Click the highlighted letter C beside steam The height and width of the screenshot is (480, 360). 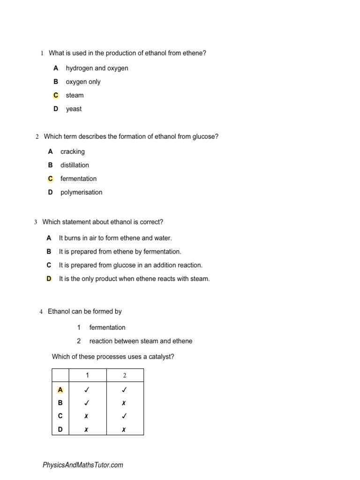pos(56,95)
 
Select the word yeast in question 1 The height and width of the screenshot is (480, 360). pos(74,109)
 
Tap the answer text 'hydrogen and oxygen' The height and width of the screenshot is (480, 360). pos(97,68)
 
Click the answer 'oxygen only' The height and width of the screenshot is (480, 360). pos(83,82)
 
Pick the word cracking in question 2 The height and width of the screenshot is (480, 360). pos(73,152)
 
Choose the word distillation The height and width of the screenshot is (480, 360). pos(75,165)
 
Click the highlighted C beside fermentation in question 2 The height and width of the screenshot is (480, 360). pos(51,179)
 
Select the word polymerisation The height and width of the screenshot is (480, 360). pos(81,193)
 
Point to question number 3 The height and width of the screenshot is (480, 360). pos(36,222)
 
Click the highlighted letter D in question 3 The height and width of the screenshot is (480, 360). pos(49,278)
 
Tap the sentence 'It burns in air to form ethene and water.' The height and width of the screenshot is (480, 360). pos(115,238)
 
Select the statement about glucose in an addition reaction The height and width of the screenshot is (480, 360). pos(131,265)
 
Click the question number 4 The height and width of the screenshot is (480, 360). pos(41,312)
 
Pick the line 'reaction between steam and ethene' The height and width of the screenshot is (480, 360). pos(141,341)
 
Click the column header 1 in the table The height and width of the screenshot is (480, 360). pos(87,375)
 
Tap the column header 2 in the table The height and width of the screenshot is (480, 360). pos(125,375)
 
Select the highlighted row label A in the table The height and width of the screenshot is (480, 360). pos(60,390)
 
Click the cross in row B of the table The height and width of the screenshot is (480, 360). pos(124,403)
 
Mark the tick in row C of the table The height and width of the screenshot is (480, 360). pos(124,416)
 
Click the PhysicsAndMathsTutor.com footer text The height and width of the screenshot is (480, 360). pos(83,465)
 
